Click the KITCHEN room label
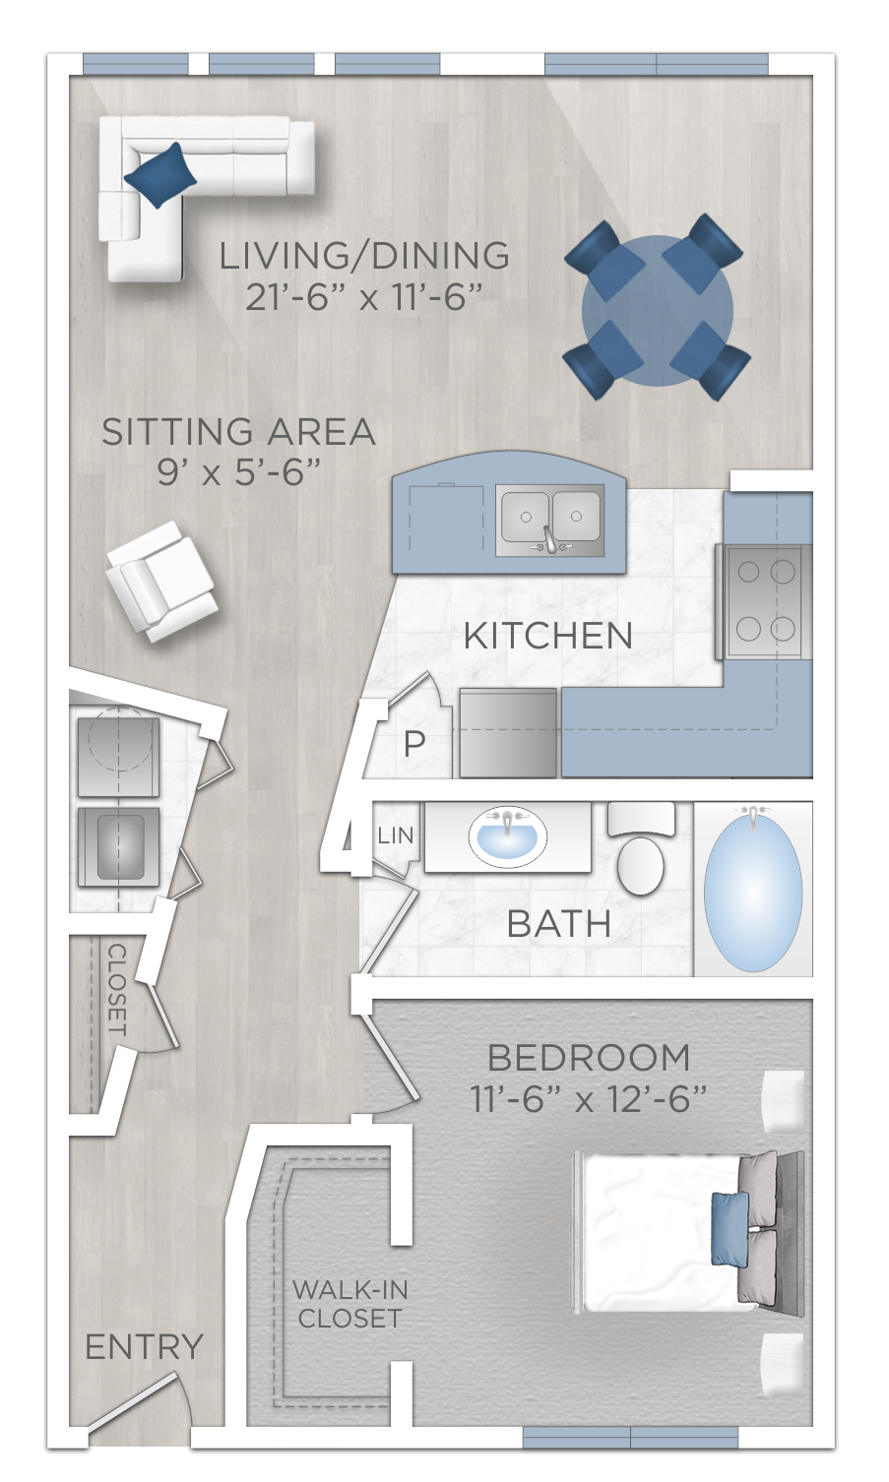[547, 636]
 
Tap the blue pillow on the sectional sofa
[159, 175]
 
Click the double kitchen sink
[549, 517]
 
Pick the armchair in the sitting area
[160, 581]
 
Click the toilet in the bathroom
[641, 849]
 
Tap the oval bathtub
[753, 889]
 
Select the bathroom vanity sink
[507, 837]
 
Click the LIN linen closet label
[396, 835]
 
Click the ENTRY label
[144, 1346]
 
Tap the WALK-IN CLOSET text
[349, 1304]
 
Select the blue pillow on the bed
[730, 1227]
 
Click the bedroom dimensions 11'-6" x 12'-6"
[588, 1098]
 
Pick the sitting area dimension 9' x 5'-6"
[239, 472]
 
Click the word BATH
[558, 924]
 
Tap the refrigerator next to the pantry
[508, 733]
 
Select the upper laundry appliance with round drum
[118, 756]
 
